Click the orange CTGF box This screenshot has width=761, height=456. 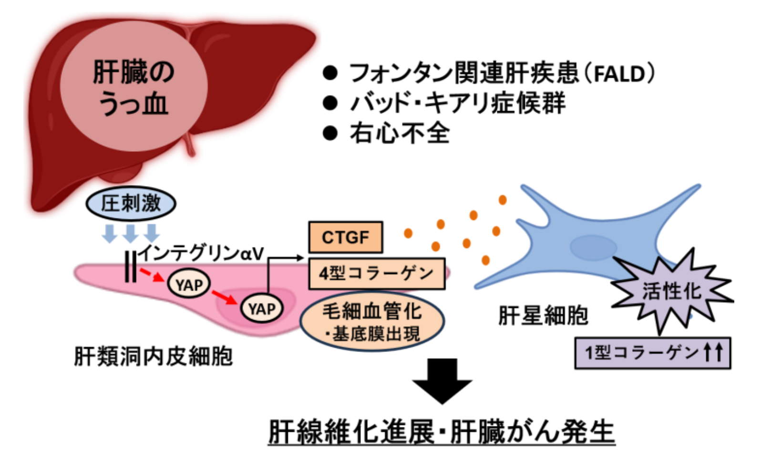345,237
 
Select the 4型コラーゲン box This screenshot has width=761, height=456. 376,273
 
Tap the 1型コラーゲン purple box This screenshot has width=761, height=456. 652,353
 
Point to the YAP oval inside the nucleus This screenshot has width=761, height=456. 262,309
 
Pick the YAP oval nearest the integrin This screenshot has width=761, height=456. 189,285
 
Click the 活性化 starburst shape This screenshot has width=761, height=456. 671,290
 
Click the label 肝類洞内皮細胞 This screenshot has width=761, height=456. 153,356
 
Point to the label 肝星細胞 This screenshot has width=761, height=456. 543,315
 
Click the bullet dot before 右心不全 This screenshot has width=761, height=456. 330,133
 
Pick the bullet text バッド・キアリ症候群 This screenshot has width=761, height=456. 458,103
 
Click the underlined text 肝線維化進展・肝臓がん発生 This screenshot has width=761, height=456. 441,432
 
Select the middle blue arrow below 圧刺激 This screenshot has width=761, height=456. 130,232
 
